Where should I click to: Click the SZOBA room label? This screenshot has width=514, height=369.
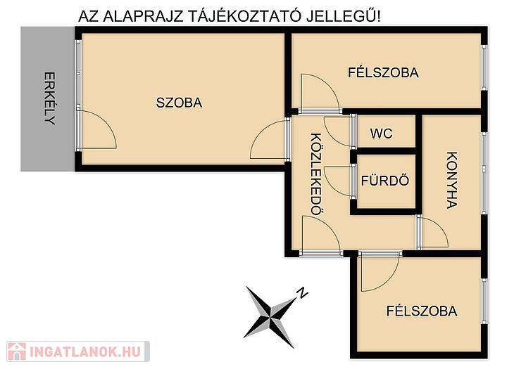pos(179,103)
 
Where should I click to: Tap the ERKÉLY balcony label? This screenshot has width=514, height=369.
pos(50,98)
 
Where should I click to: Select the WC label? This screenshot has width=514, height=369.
pos(381,134)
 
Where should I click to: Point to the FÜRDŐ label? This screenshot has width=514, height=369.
pos(385,181)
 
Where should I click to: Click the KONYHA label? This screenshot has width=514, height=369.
pos(452,180)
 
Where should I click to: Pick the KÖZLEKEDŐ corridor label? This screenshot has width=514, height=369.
pos(315,174)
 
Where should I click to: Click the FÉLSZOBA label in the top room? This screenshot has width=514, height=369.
pos(383,72)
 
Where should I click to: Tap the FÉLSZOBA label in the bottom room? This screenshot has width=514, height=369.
pos(422,311)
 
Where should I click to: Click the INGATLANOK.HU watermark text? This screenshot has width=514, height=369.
pos(85,351)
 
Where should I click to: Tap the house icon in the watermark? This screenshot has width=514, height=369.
pos(17,351)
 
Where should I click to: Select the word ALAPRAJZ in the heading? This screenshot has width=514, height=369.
pos(143,17)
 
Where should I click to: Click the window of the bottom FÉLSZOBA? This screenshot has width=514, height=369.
pos(484,301)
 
